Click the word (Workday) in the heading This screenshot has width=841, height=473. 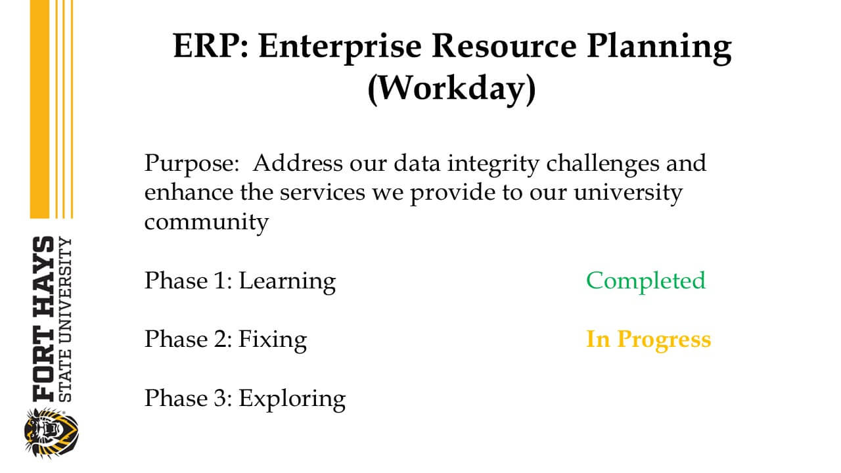(x=451, y=89)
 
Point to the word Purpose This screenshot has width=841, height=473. (x=192, y=164)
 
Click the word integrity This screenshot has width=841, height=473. (x=493, y=164)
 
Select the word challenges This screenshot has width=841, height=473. (x=602, y=164)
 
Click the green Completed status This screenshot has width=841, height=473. (x=646, y=281)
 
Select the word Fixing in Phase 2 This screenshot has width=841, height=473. (x=273, y=340)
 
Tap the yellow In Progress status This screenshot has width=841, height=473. (x=648, y=340)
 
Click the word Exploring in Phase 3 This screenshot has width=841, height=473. (x=292, y=399)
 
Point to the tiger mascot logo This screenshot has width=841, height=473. (x=51, y=433)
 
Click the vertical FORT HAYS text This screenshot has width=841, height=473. (x=43, y=319)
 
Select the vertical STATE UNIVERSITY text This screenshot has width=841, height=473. (x=65, y=319)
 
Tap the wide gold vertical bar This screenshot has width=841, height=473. (x=39, y=109)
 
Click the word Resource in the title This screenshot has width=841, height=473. (x=504, y=47)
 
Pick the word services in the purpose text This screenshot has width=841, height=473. (x=323, y=193)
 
